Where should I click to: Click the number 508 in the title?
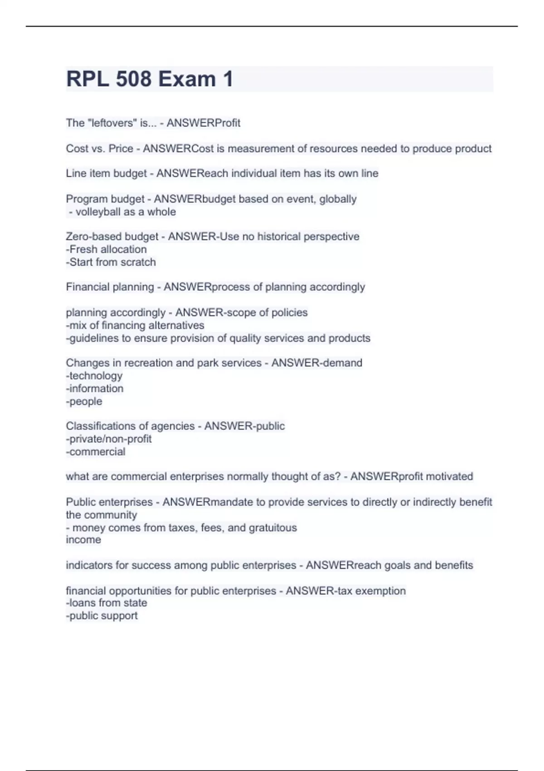(133, 79)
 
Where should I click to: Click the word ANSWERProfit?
(203, 123)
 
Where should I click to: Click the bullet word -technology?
(94, 376)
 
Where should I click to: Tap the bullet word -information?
(95, 389)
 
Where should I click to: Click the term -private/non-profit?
(109, 439)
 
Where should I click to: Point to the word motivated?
(449, 477)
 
